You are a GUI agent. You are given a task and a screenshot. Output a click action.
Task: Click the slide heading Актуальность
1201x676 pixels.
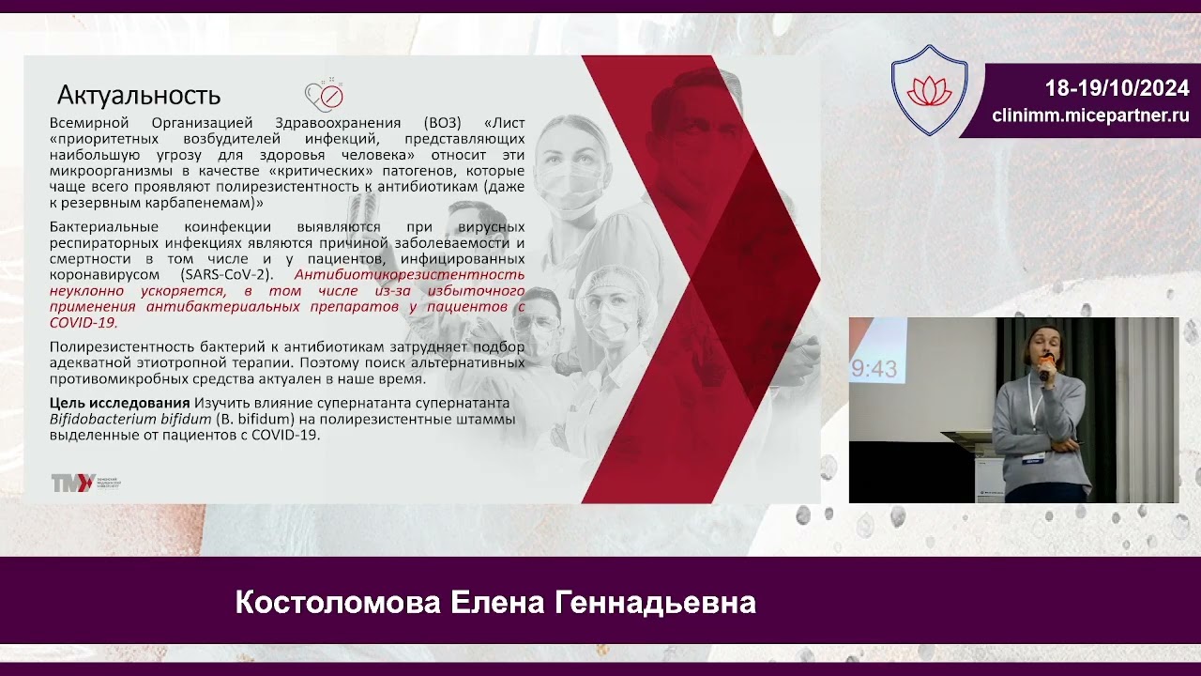pos(139,95)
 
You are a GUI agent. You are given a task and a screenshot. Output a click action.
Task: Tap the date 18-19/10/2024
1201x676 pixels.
pos(1117,88)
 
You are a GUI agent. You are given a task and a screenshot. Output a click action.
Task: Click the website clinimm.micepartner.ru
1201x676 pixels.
pos(1090,115)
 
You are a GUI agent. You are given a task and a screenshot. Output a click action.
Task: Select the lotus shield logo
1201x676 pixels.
pos(928,91)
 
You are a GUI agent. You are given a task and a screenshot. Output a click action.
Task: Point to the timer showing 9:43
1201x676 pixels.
pos(874,369)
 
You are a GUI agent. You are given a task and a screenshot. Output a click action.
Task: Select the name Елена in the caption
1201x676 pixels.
pos(498,603)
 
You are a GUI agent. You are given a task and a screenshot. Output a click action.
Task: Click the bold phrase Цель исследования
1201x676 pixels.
pos(119,404)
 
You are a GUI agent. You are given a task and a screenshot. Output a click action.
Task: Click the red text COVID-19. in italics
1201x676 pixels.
pos(84,322)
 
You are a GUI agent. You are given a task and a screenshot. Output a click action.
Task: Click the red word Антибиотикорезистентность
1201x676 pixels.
pos(409,275)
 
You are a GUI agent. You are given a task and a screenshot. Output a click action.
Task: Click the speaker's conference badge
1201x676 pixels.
pos(1034,454)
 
